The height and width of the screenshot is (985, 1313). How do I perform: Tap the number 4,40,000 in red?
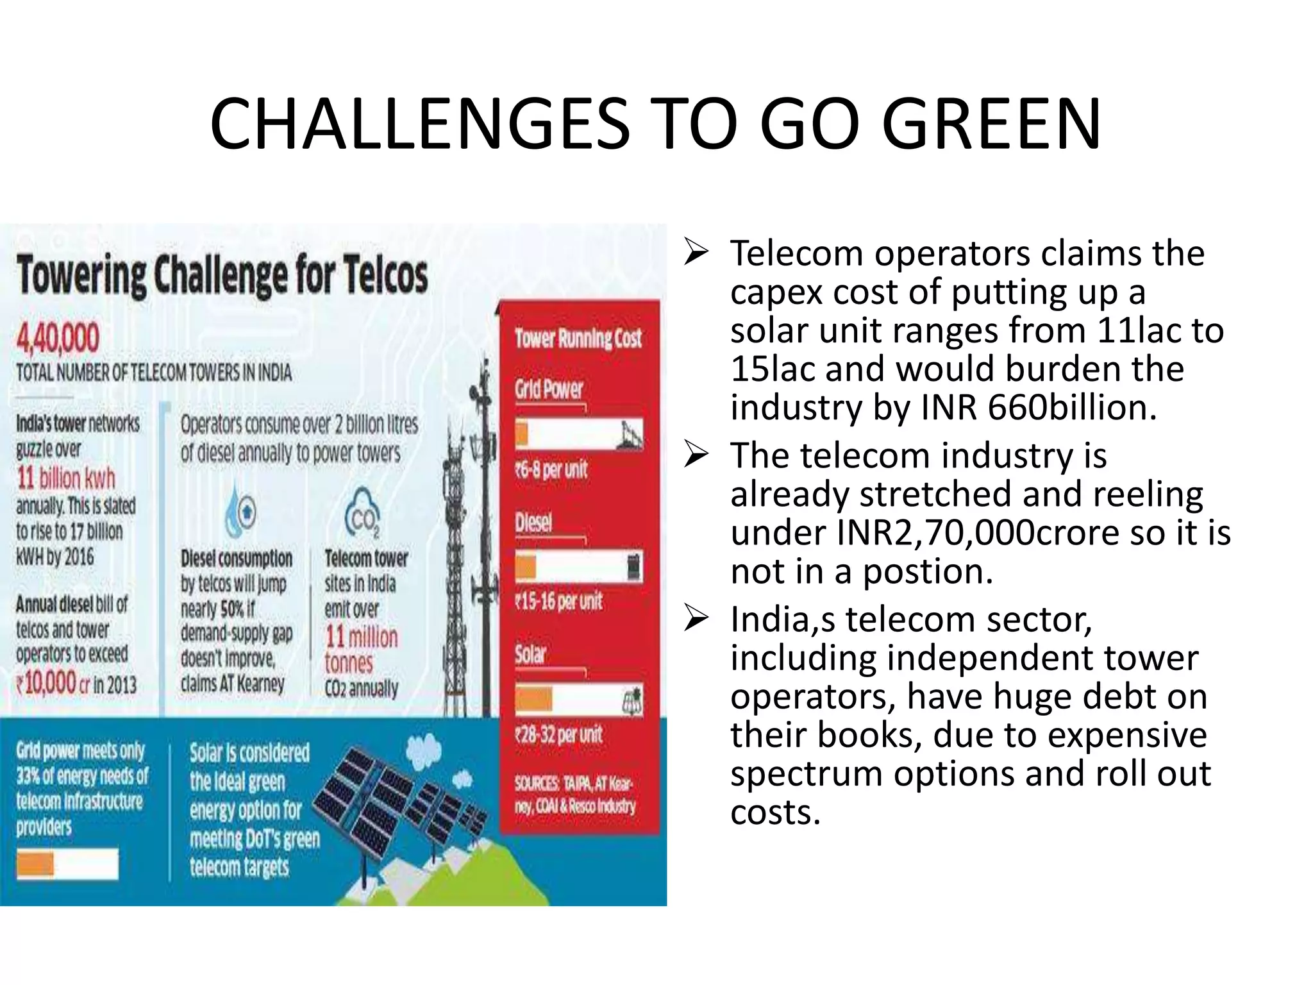click(58, 339)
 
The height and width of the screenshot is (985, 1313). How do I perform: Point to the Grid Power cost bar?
click(578, 434)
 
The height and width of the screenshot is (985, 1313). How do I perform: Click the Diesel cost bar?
click(578, 568)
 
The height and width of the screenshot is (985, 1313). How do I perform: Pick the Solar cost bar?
click(578, 699)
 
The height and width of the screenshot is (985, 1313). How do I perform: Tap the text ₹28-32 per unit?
click(558, 734)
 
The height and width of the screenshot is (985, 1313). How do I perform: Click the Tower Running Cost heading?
click(578, 338)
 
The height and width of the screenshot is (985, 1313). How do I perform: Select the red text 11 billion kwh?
click(66, 478)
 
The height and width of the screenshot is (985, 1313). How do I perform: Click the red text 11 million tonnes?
click(360, 649)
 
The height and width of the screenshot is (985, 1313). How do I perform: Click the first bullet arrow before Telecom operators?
click(696, 252)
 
